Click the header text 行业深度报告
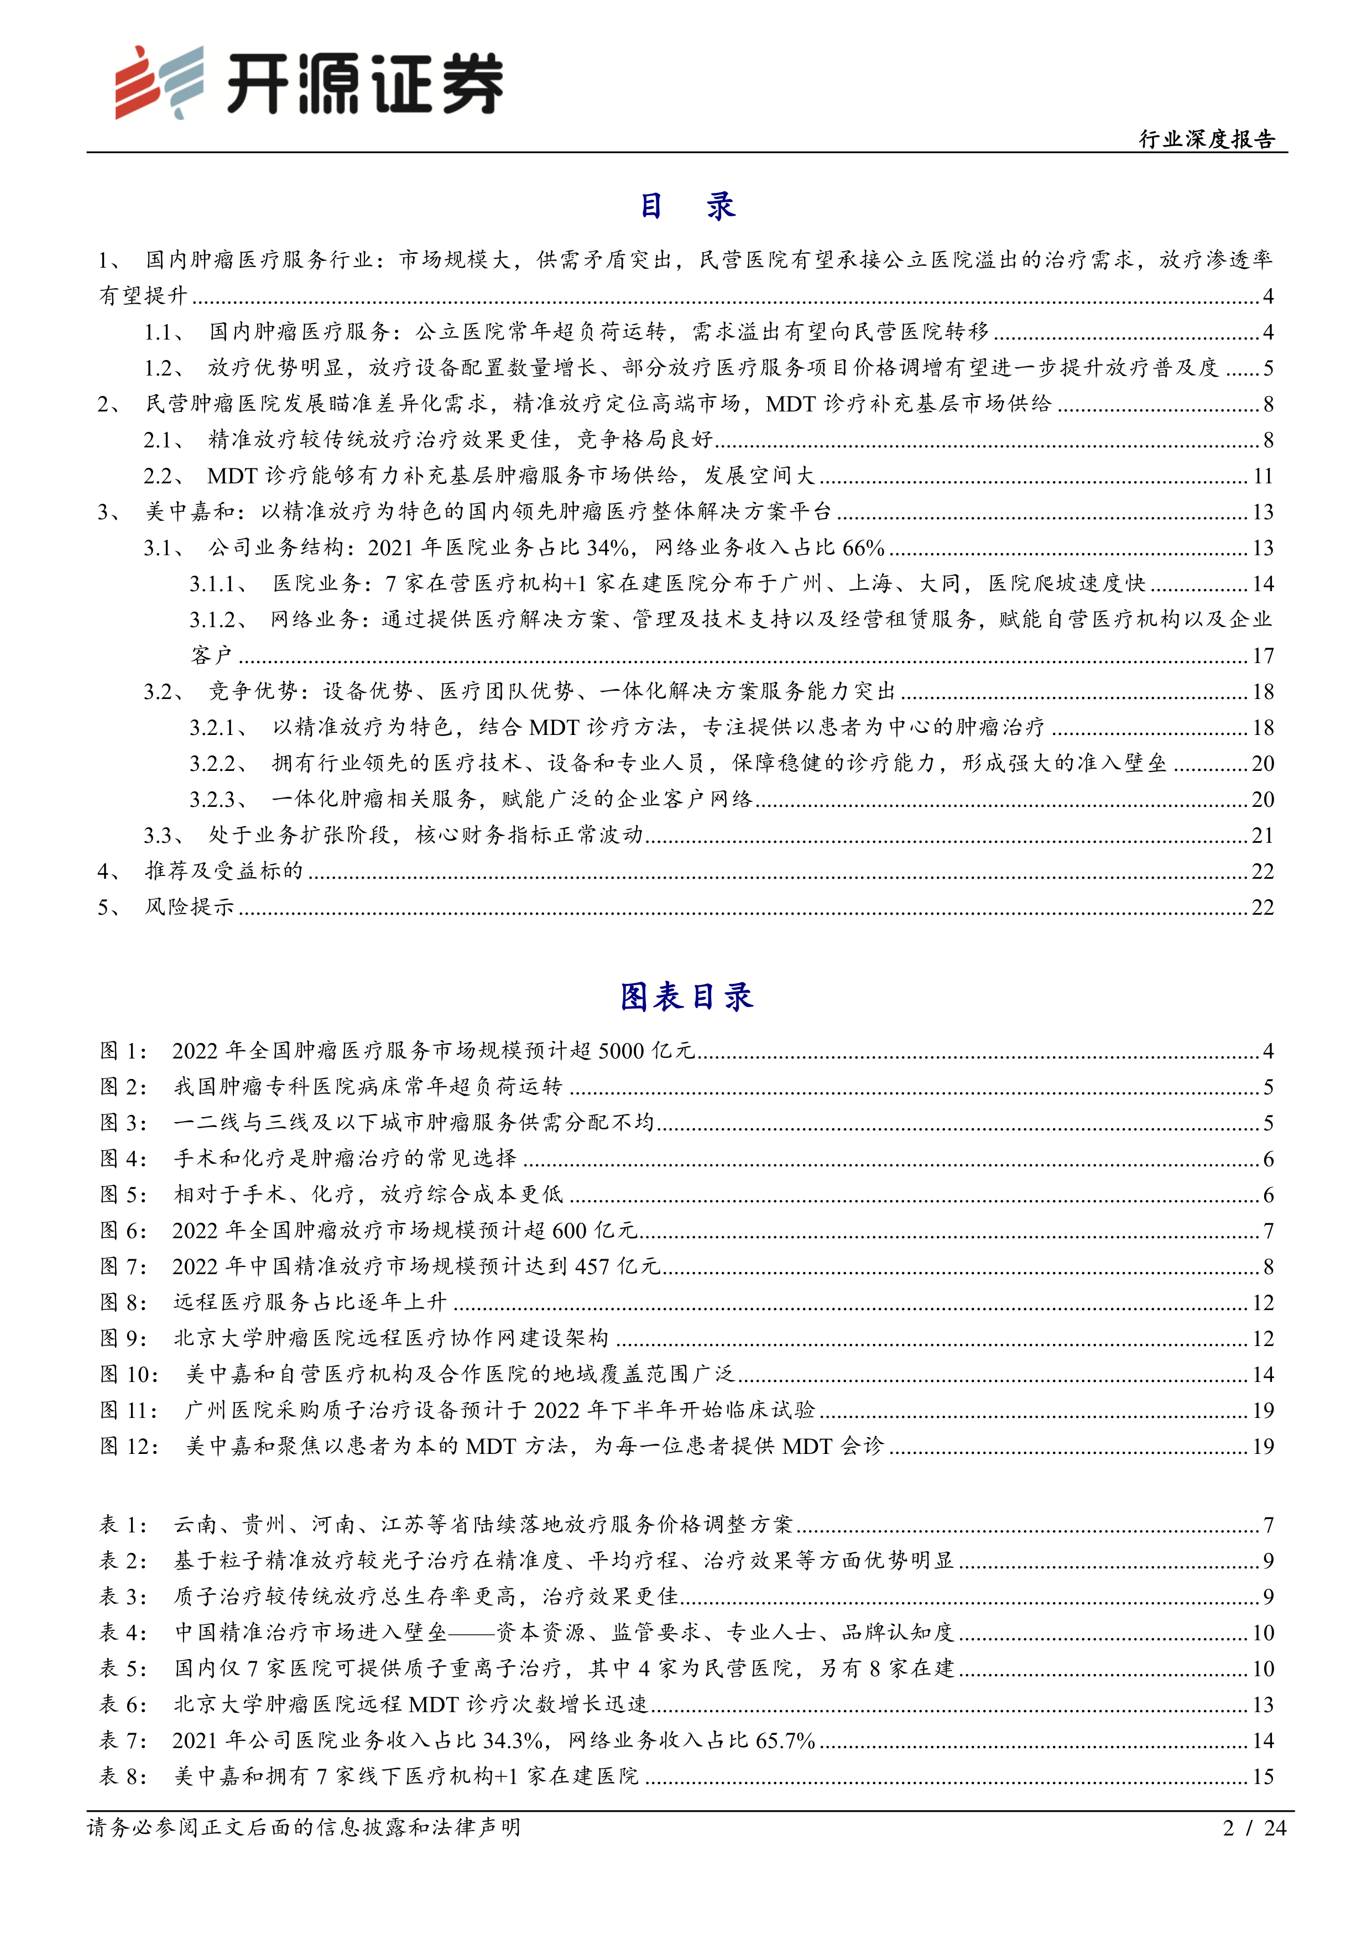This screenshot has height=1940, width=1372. click(1207, 139)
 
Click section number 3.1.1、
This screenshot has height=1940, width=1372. click(218, 584)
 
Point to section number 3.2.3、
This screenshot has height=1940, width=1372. click(218, 799)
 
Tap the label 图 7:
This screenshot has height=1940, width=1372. click(123, 1266)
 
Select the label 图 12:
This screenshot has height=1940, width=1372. click(129, 1447)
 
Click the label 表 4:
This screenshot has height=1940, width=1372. click(123, 1633)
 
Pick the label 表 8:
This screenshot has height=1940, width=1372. click(123, 1776)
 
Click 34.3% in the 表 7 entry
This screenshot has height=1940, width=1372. click(513, 1740)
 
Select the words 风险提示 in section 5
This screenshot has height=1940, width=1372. click(189, 908)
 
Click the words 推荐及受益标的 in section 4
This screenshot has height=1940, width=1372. click(224, 871)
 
